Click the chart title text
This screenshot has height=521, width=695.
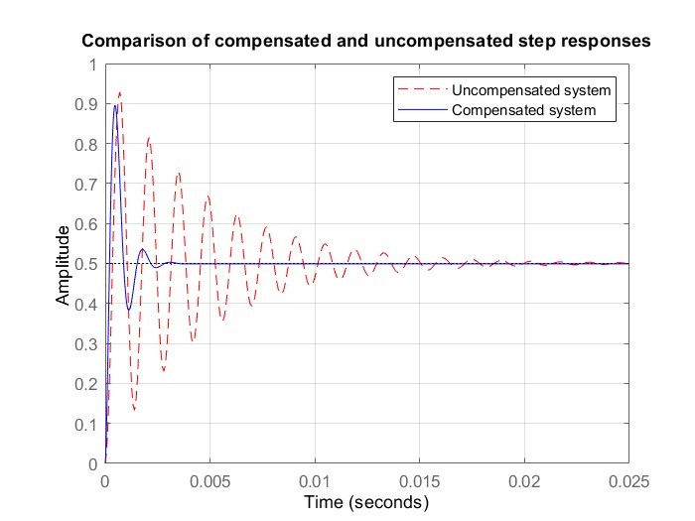pos(365,42)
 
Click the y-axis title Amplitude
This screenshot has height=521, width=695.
pos(64,265)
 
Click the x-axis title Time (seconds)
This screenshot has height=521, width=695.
pos(366,503)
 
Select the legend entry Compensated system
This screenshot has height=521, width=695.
pos(523,110)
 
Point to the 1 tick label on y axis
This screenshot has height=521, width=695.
pos(93,65)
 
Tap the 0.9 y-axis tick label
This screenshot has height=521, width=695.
pos(87,104)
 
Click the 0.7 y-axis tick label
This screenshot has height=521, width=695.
pos(87,185)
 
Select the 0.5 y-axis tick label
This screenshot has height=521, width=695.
pos(87,265)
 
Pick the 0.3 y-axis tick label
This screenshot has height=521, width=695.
pos(87,344)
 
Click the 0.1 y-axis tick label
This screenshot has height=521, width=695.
pos(87,424)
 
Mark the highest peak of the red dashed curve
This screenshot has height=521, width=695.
pos(120,92)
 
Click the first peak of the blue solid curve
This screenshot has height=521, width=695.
pos(115,105)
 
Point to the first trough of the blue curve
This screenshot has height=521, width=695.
pos(128,311)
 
